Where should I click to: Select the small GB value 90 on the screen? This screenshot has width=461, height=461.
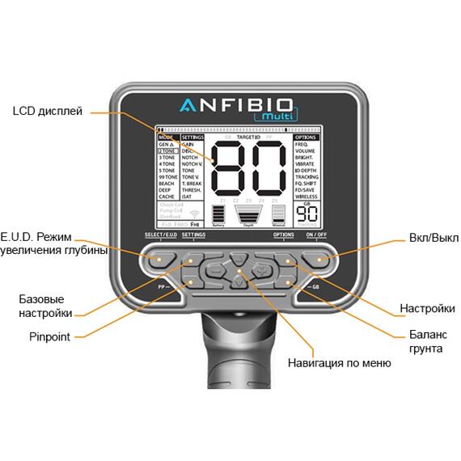(x=306, y=214)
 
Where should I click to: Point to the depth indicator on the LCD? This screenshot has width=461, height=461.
(x=247, y=214)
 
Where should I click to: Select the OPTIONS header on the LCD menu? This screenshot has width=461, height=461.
(x=306, y=137)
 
